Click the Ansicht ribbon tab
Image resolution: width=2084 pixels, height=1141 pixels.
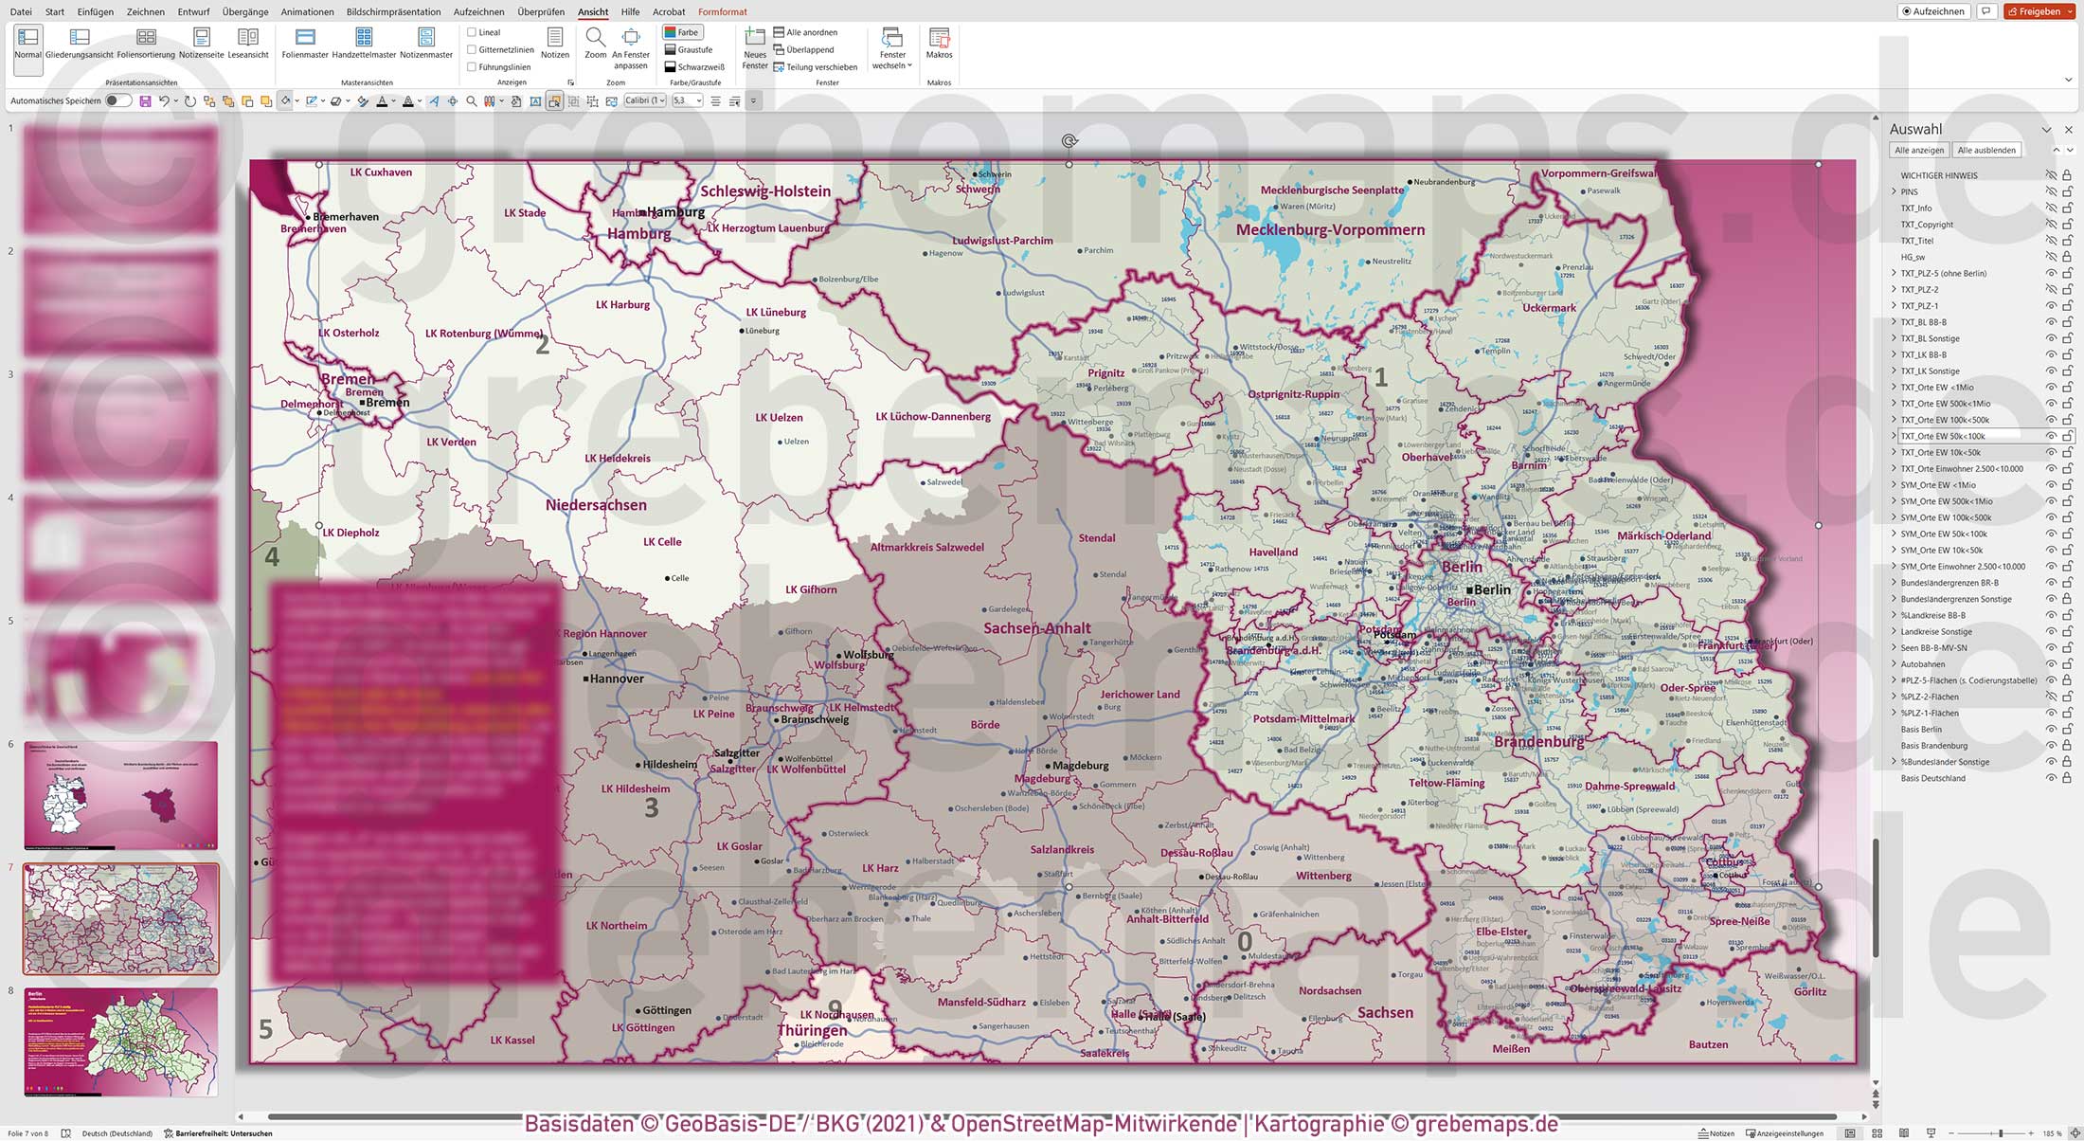pyautogui.click(x=593, y=12)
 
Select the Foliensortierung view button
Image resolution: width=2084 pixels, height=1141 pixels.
pyautogui.click(x=146, y=44)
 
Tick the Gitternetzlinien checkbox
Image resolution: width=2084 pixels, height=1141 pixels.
pyautogui.click(x=472, y=50)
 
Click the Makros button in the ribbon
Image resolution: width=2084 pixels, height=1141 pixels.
pyautogui.click(x=939, y=44)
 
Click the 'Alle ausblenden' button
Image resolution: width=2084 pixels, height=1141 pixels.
pyautogui.click(x=1986, y=151)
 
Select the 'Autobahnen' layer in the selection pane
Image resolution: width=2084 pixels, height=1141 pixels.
pyautogui.click(x=1922, y=664)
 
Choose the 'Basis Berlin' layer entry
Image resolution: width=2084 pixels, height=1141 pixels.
pyautogui.click(x=1921, y=730)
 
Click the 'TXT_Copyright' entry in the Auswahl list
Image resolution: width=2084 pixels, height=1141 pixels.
pyautogui.click(x=1927, y=225)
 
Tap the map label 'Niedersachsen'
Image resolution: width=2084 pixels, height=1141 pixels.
pyautogui.click(x=596, y=506)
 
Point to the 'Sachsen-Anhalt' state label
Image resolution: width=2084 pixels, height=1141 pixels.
pyautogui.click(x=1036, y=628)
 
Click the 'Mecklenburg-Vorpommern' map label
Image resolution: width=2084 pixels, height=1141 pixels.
pyautogui.click(x=1330, y=230)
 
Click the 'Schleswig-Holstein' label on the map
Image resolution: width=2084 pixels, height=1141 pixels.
pyautogui.click(x=765, y=191)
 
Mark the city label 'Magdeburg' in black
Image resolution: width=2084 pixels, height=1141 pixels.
pyautogui.click(x=1081, y=766)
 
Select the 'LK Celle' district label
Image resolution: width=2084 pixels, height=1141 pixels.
pyautogui.click(x=662, y=542)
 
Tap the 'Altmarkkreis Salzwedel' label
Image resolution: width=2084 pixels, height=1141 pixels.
pyautogui.click(x=926, y=548)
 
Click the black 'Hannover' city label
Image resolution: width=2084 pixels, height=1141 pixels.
pyautogui.click(x=617, y=679)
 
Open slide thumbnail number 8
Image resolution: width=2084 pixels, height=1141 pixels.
pyautogui.click(x=121, y=1041)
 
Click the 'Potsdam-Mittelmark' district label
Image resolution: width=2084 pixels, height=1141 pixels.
pyautogui.click(x=1303, y=719)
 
